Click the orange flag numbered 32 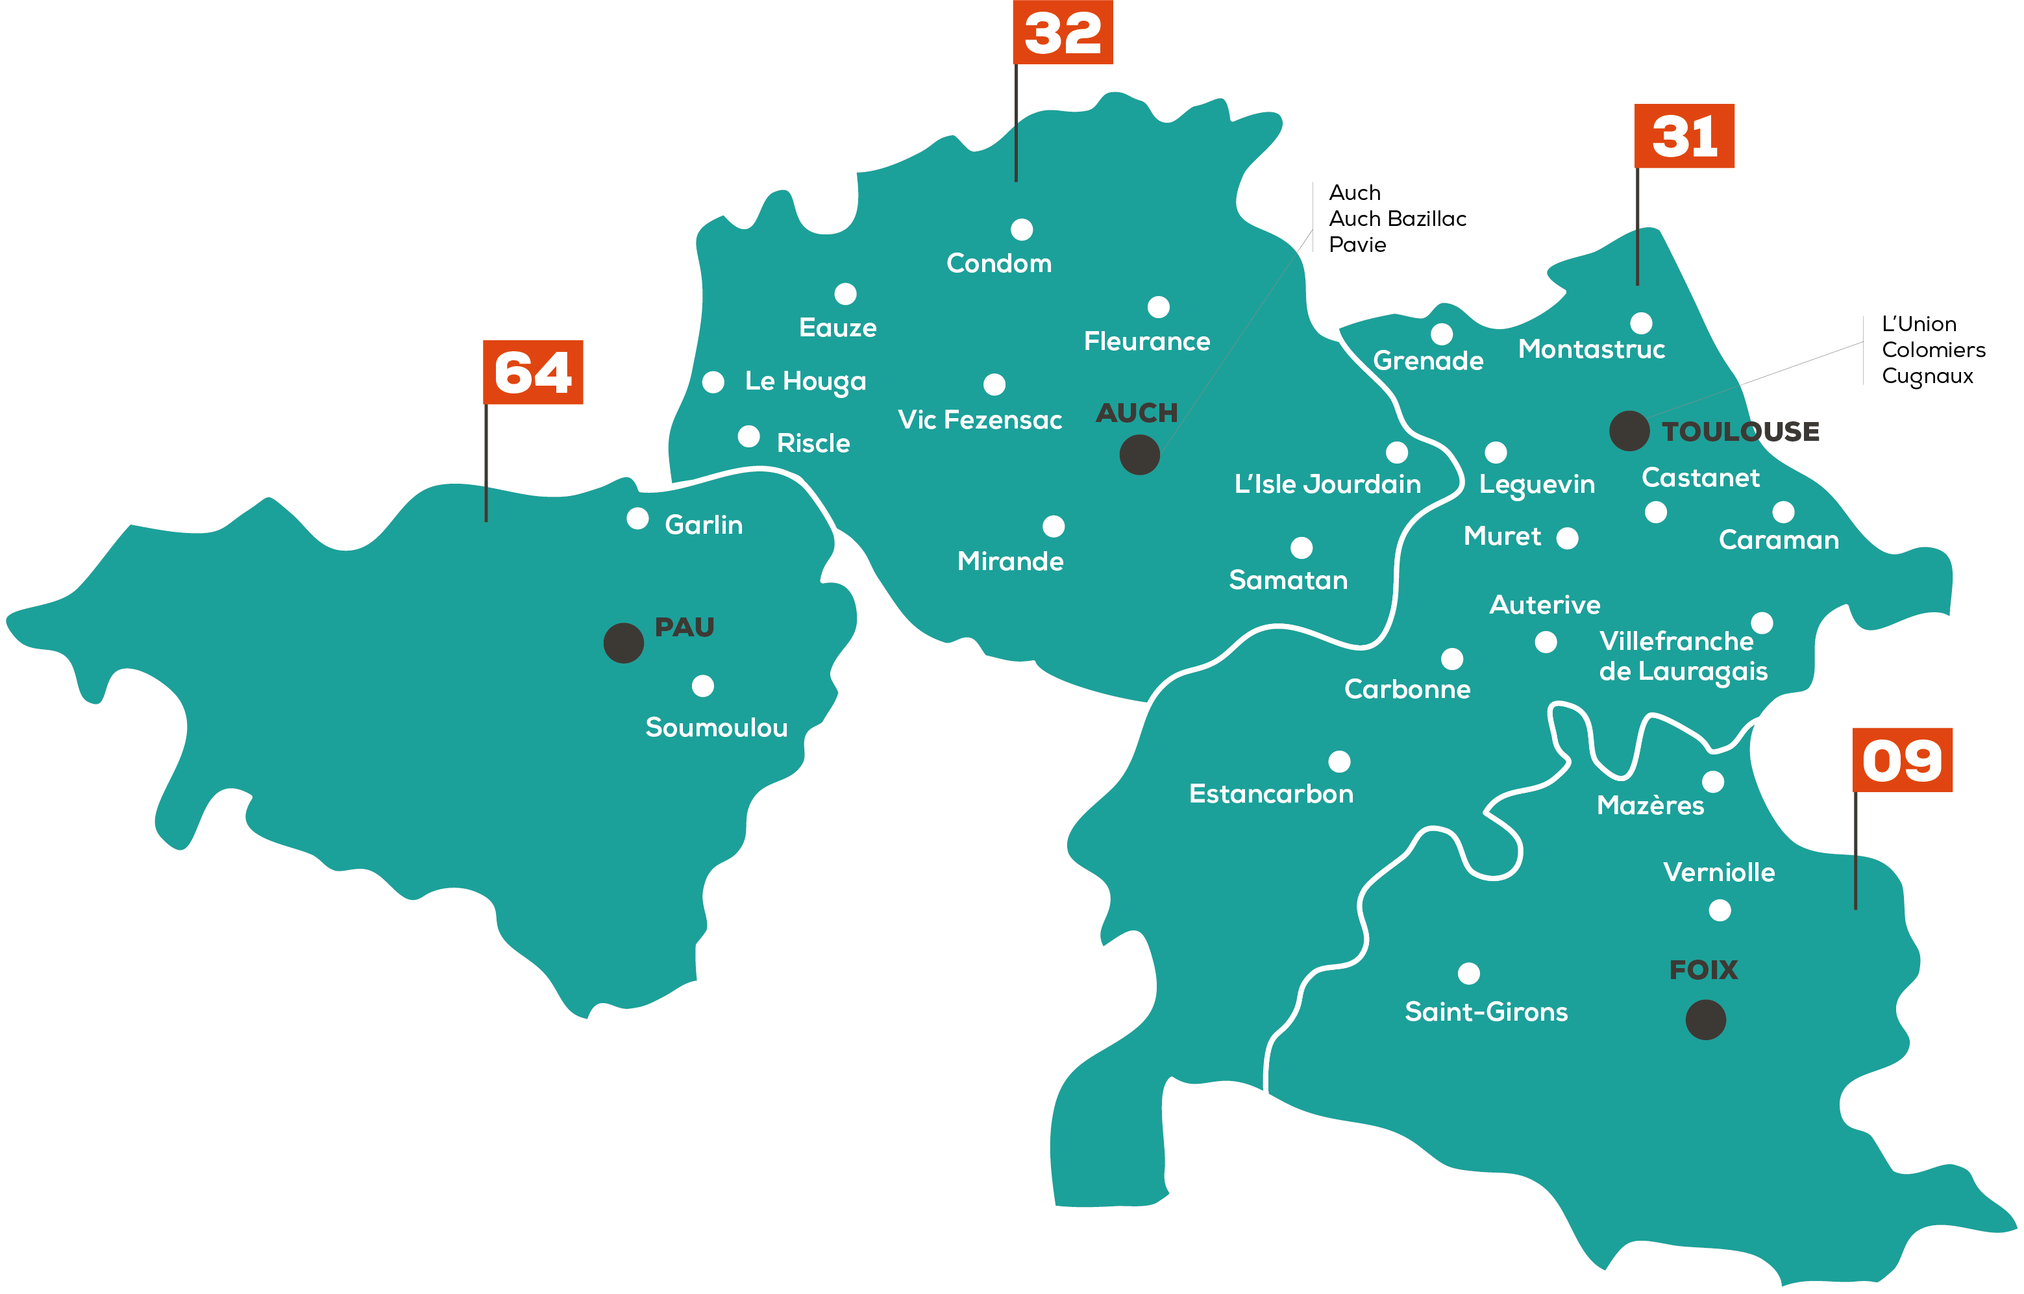click(x=1063, y=33)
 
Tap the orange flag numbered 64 click(x=533, y=373)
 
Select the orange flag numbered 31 click(x=1685, y=136)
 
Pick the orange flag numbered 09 click(x=1902, y=760)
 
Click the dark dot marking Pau click(x=624, y=643)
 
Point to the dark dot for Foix click(x=1705, y=1020)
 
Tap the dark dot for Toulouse click(x=1629, y=431)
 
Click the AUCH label click(x=1137, y=413)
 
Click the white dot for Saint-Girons click(x=1468, y=974)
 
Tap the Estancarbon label click(x=1271, y=793)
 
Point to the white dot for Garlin click(x=638, y=519)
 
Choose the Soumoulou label click(x=716, y=727)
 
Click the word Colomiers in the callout click(x=1933, y=350)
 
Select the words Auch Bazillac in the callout click(x=1397, y=219)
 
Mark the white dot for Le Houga click(x=713, y=382)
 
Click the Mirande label click(x=1010, y=561)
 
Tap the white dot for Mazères click(x=1713, y=782)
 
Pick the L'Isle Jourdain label click(x=1327, y=484)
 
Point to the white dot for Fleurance click(x=1158, y=307)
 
